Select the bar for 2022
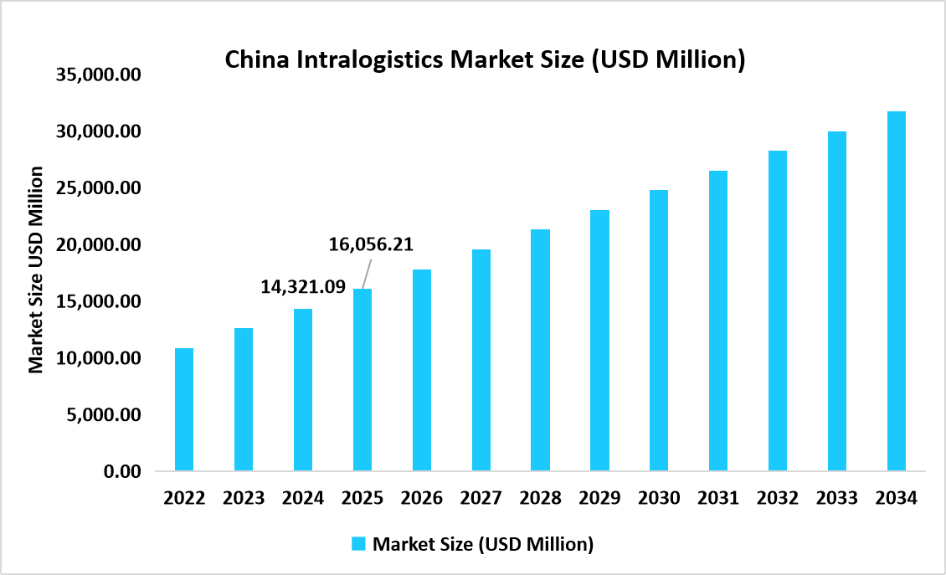coord(184,409)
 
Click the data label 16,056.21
coord(371,244)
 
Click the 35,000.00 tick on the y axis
coord(99,75)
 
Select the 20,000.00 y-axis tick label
coord(99,245)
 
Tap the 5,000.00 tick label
coord(104,415)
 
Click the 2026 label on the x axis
coord(421,498)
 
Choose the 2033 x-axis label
coord(836,498)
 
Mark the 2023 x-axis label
coord(244,498)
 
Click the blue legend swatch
coord(359,544)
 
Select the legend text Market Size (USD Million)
coord(483,544)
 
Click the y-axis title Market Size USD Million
coord(36,270)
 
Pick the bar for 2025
coord(362,380)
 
